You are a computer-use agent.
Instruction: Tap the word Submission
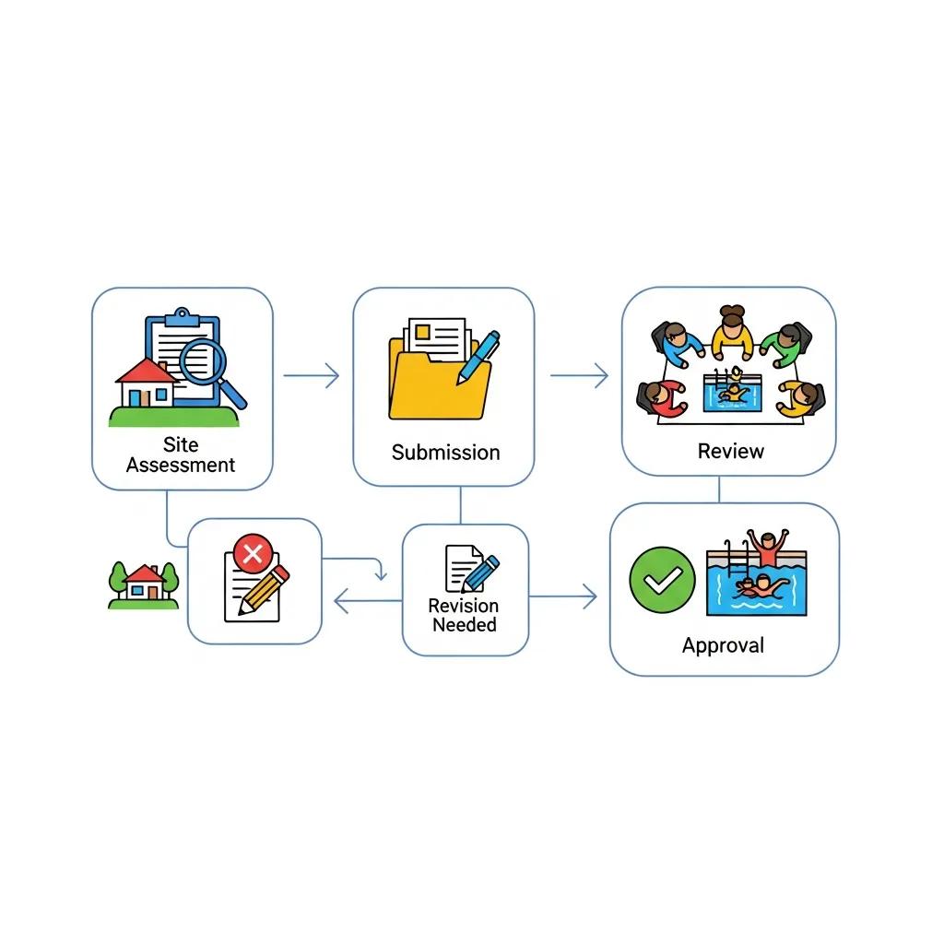tap(445, 453)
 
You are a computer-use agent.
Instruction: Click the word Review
tap(730, 451)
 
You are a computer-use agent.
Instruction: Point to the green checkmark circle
tap(662, 579)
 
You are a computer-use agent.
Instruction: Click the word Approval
tap(723, 645)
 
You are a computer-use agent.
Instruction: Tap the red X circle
tap(252, 555)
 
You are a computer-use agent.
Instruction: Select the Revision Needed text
tap(464, 615)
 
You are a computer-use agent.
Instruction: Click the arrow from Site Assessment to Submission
tap(312, 375)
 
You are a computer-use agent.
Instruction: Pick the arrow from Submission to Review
tap(580, 375)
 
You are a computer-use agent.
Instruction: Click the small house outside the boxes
tap(144, 585)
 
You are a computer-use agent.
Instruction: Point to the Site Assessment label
tap(181, 455)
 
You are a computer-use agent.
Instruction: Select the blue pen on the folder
tap(478, 358)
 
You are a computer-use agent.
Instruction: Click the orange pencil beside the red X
tap(263, 590)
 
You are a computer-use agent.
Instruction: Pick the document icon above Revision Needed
tap(464, 568)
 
